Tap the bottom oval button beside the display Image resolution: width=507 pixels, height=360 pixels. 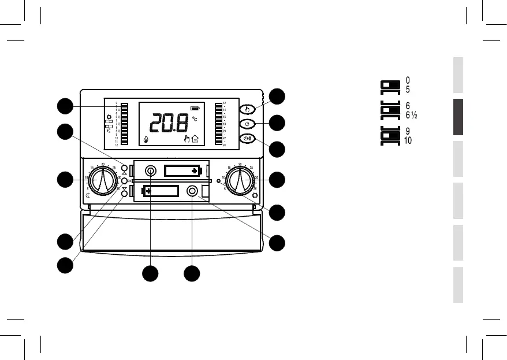[247, 139]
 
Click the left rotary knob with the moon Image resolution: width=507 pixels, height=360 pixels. [102, 180]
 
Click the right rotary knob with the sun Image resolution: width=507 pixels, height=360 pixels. [240, 181]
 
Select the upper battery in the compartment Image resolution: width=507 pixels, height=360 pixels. [182, 170]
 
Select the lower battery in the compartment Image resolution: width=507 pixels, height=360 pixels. [162, 191]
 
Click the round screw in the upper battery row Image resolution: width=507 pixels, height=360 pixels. [150, 170]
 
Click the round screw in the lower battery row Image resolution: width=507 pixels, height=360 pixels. [192, 191]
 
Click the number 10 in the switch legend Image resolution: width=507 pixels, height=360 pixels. [408, 140]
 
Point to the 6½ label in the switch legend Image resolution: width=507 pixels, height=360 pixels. [411, 115]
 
